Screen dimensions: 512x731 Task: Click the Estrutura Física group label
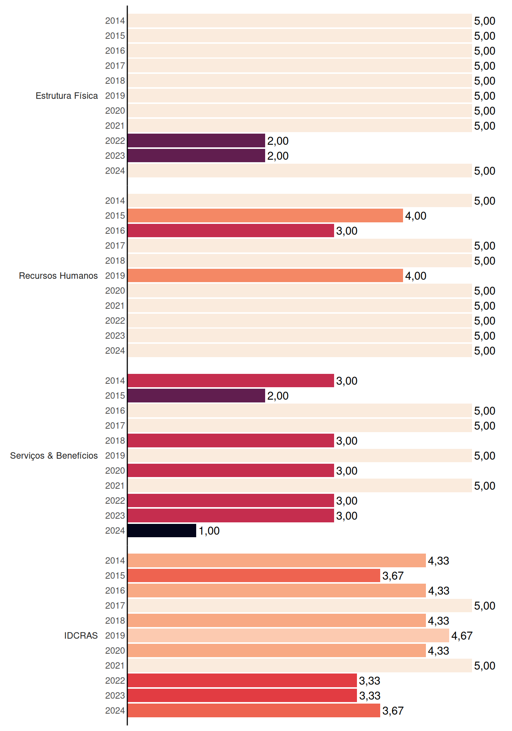pos(67,96)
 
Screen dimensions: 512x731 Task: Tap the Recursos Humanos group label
pos(58,276)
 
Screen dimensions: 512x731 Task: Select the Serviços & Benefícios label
pos(54,456)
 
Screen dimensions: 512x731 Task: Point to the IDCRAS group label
pos(81,635)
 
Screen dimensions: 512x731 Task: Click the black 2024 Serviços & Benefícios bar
pos(162,530)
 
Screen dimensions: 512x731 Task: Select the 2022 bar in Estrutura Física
pos(196,140)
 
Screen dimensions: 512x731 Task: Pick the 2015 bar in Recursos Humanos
pos(265,215)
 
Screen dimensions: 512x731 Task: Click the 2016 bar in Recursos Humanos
pos(231,230)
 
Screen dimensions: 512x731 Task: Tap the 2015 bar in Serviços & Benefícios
pos(196,396)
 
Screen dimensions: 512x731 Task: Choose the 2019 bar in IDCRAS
pos(288,635)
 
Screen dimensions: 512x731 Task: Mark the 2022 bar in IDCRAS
pos(242,680)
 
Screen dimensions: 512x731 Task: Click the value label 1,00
pos(209,531)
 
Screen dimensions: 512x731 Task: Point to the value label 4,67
pos(462,636)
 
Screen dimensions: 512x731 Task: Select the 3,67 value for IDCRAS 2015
pos(393,576)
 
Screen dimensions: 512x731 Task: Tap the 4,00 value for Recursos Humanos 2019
pos(416,276)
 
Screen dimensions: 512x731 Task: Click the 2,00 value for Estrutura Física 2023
pos(278,156)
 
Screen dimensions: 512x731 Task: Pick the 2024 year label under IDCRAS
pos(115,710)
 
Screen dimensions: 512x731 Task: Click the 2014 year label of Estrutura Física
pos(115,21)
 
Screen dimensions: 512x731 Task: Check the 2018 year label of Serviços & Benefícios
pos(115,441)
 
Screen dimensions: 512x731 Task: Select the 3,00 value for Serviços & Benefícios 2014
pos(347,381)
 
